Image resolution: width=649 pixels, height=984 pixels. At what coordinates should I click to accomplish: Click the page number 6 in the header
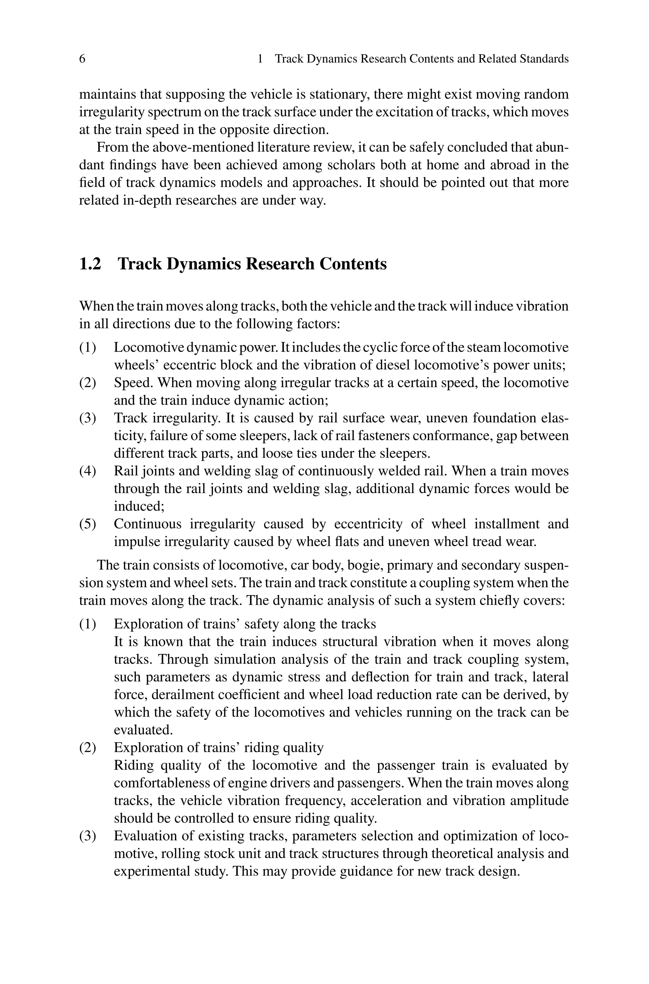82,59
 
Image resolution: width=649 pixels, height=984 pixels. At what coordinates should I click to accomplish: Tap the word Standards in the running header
544,59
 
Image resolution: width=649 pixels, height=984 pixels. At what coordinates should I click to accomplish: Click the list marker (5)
87,524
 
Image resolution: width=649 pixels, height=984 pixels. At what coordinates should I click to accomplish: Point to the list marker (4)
87,471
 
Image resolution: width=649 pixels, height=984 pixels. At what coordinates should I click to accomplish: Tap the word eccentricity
368,524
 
